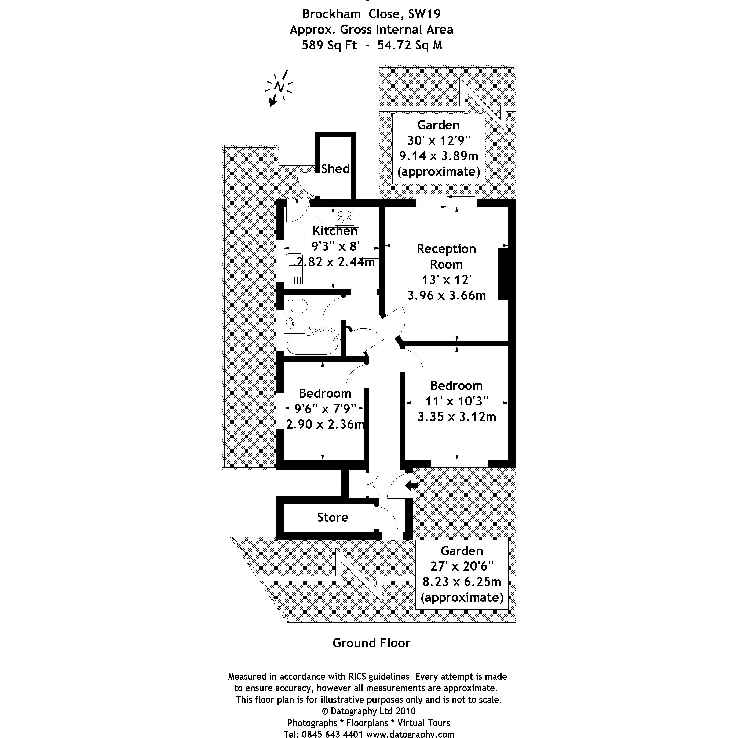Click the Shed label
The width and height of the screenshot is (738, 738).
pyautogui.click(x=335, y=169)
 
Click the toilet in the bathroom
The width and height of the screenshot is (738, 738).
pyautogui.click(x=297, y=306)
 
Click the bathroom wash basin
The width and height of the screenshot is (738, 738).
pyautogui.click(x=289, y=324)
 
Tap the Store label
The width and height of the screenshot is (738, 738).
pyautogui.click(x=332, y=517)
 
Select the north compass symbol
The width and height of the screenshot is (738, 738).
pyautogui.click(x=280, y=87)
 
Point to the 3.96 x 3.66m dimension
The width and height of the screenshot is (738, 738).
pyautogui.click(x=447, y=295)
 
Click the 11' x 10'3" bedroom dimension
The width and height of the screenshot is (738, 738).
pyautogui.click(x=457, y=401)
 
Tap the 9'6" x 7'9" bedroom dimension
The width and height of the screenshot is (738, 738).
pyautogui.click(x=325, y=409)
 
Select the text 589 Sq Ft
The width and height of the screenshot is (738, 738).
pyautogui.click(x=329, y=45)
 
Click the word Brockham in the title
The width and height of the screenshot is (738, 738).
pyautogui.click(x=331, y=14)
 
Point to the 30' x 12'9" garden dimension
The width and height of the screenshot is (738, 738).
pyautogui.click(x=439, y=141)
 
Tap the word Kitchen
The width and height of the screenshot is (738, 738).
pyautogui.click(x=335, y=231)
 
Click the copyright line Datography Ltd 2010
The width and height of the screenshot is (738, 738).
pyautogui.click(x=369, y=711)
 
